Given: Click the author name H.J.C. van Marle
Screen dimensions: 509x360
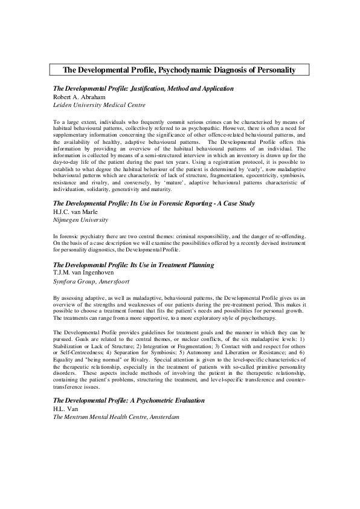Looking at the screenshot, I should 79,212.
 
